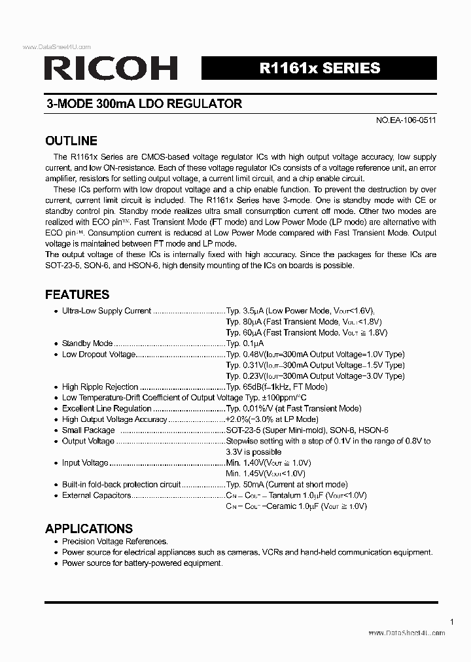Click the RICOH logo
tap(111, 68)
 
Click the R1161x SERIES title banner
tap(319, 68)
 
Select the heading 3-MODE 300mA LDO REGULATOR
tap(144, 103)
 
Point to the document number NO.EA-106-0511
tap(406, 120)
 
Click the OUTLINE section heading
tap(71, 141)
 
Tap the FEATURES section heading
tap(77, 294)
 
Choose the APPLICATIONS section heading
tap(89, 529)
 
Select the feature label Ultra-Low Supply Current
tap(107, 311)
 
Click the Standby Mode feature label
tap(87, 343)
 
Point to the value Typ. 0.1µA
tap(245, 343)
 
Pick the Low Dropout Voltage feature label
tap(99, 355)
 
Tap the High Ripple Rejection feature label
tap(100, 387)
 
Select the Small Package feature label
tap(88, 430)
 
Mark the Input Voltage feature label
tap(85, 462)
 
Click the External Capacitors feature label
tap(97, 495)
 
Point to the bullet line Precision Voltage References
tap(115, 542)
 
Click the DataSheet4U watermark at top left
tap(57, 47)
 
